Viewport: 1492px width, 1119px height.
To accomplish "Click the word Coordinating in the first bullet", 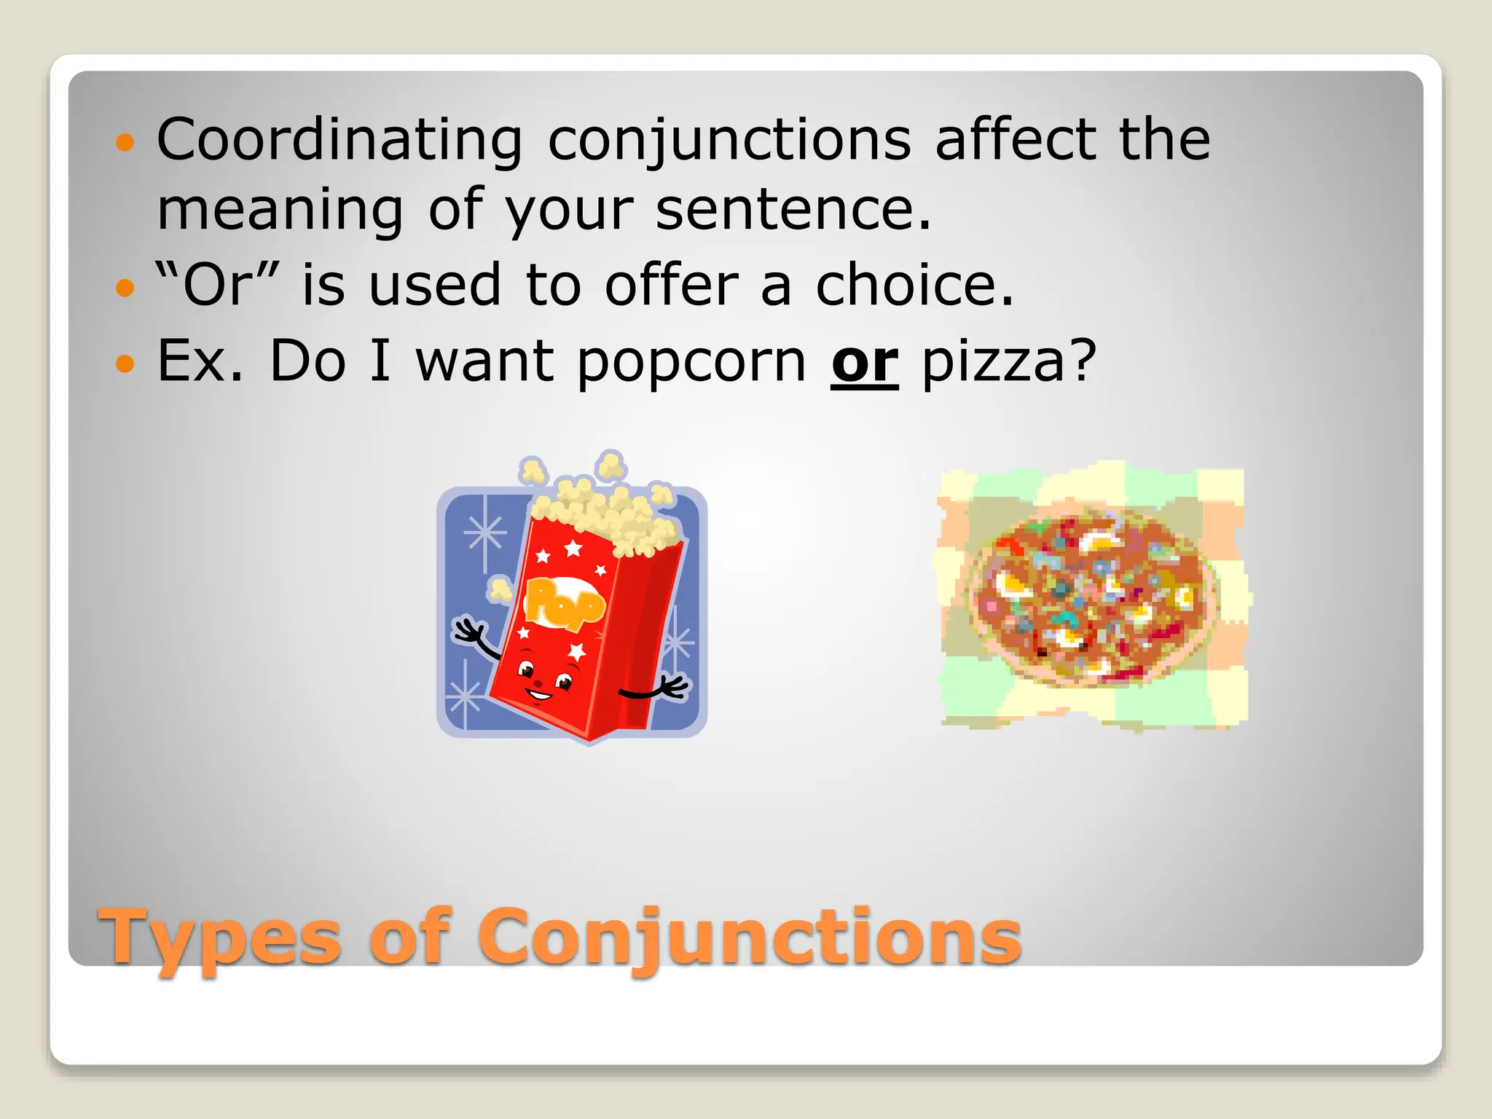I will pyautogui.click(x=339, y=140).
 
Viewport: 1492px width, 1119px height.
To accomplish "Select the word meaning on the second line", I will pyautogui.click(x=280, y=211).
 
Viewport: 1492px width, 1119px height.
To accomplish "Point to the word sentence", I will pyautogui.click(x=793, y=210).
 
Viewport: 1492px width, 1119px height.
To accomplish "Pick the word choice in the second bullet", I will pyautogui.click(x=914, y=284).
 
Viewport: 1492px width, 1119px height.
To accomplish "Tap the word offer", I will pyautogui.click(x=672, y=284).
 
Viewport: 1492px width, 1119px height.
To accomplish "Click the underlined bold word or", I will pyautogui.click(x=865, y=361).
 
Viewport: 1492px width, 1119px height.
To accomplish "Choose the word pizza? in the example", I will pyautogui.click(x=1009, y=362).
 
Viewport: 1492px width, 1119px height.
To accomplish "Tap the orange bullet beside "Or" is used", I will pyautogui.click(x=125, y=287).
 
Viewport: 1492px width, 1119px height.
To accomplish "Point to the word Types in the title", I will pyautogui.click(x=220, y=938).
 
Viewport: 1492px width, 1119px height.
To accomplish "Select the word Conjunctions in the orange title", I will pyautogui.click(x=750, y=938).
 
